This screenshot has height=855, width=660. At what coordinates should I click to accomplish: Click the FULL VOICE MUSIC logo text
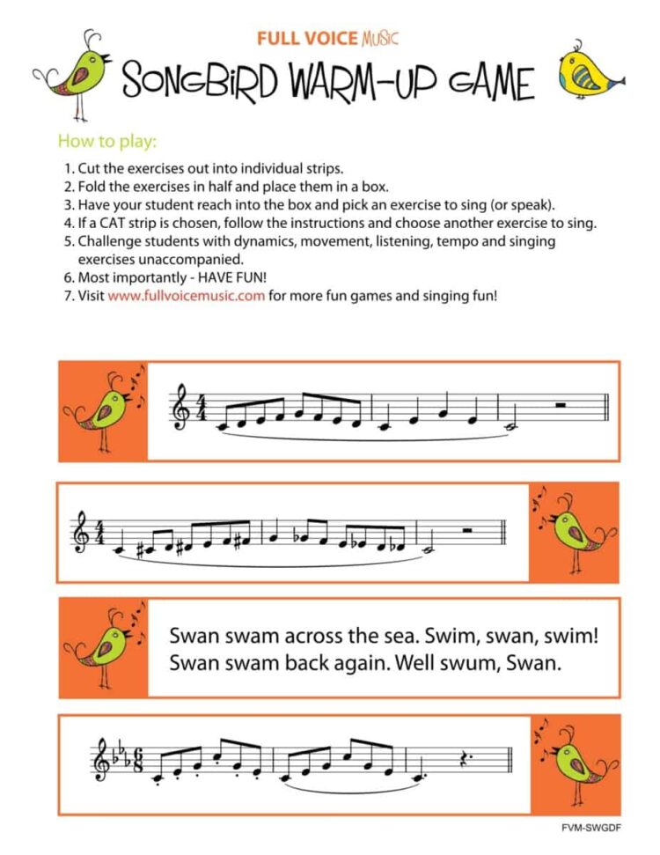click(327, 39)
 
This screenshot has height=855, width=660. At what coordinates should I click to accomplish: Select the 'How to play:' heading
click(106, 141)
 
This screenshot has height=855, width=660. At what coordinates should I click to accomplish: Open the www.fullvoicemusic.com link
click(186, 296)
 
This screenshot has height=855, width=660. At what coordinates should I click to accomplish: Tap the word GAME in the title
click(483, 82)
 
